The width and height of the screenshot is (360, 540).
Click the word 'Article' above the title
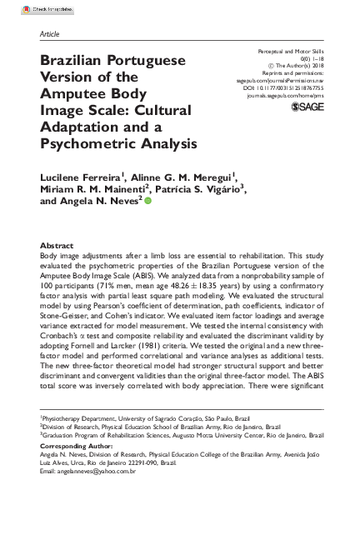[x=50, y=34]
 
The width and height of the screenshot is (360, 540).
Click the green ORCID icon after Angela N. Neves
[x=148, y=202]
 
